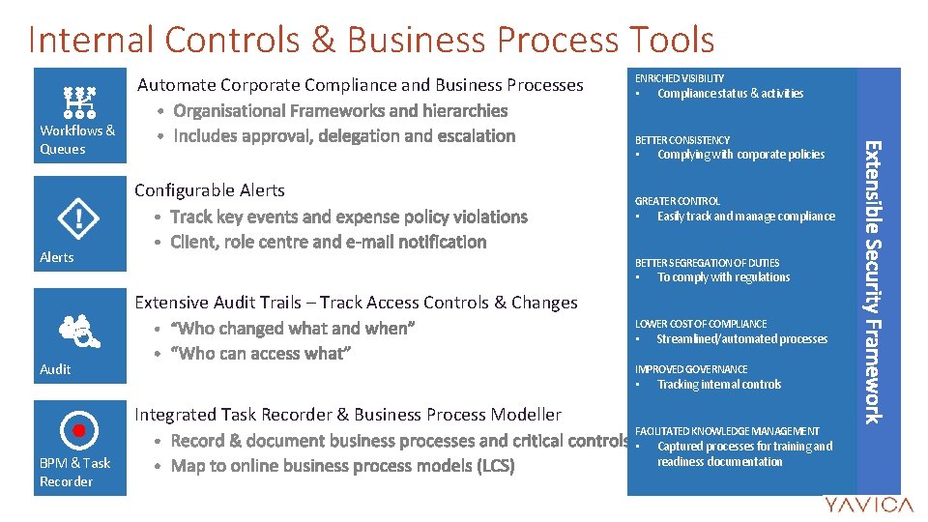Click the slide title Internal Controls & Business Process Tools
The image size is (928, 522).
coord(371,39)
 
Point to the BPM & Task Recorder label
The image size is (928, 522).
coord(74,472)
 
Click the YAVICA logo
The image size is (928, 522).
coord(867,505)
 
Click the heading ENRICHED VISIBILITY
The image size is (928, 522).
coord(679,78)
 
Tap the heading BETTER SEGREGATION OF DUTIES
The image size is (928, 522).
coord(707,263)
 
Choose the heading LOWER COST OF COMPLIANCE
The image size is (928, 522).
coord(700,324)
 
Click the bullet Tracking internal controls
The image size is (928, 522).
coord(719,385)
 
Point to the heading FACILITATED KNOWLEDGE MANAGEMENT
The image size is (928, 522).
coord(726,431)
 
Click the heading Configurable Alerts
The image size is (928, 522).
coord(210,190)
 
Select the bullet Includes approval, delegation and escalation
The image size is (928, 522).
coord(344,136)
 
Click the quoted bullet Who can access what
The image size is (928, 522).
coord(259,354)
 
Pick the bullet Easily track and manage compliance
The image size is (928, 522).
coord(745,217)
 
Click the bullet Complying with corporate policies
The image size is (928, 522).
coord(740,155)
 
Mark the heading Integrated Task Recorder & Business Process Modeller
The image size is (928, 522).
coord(348,415)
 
